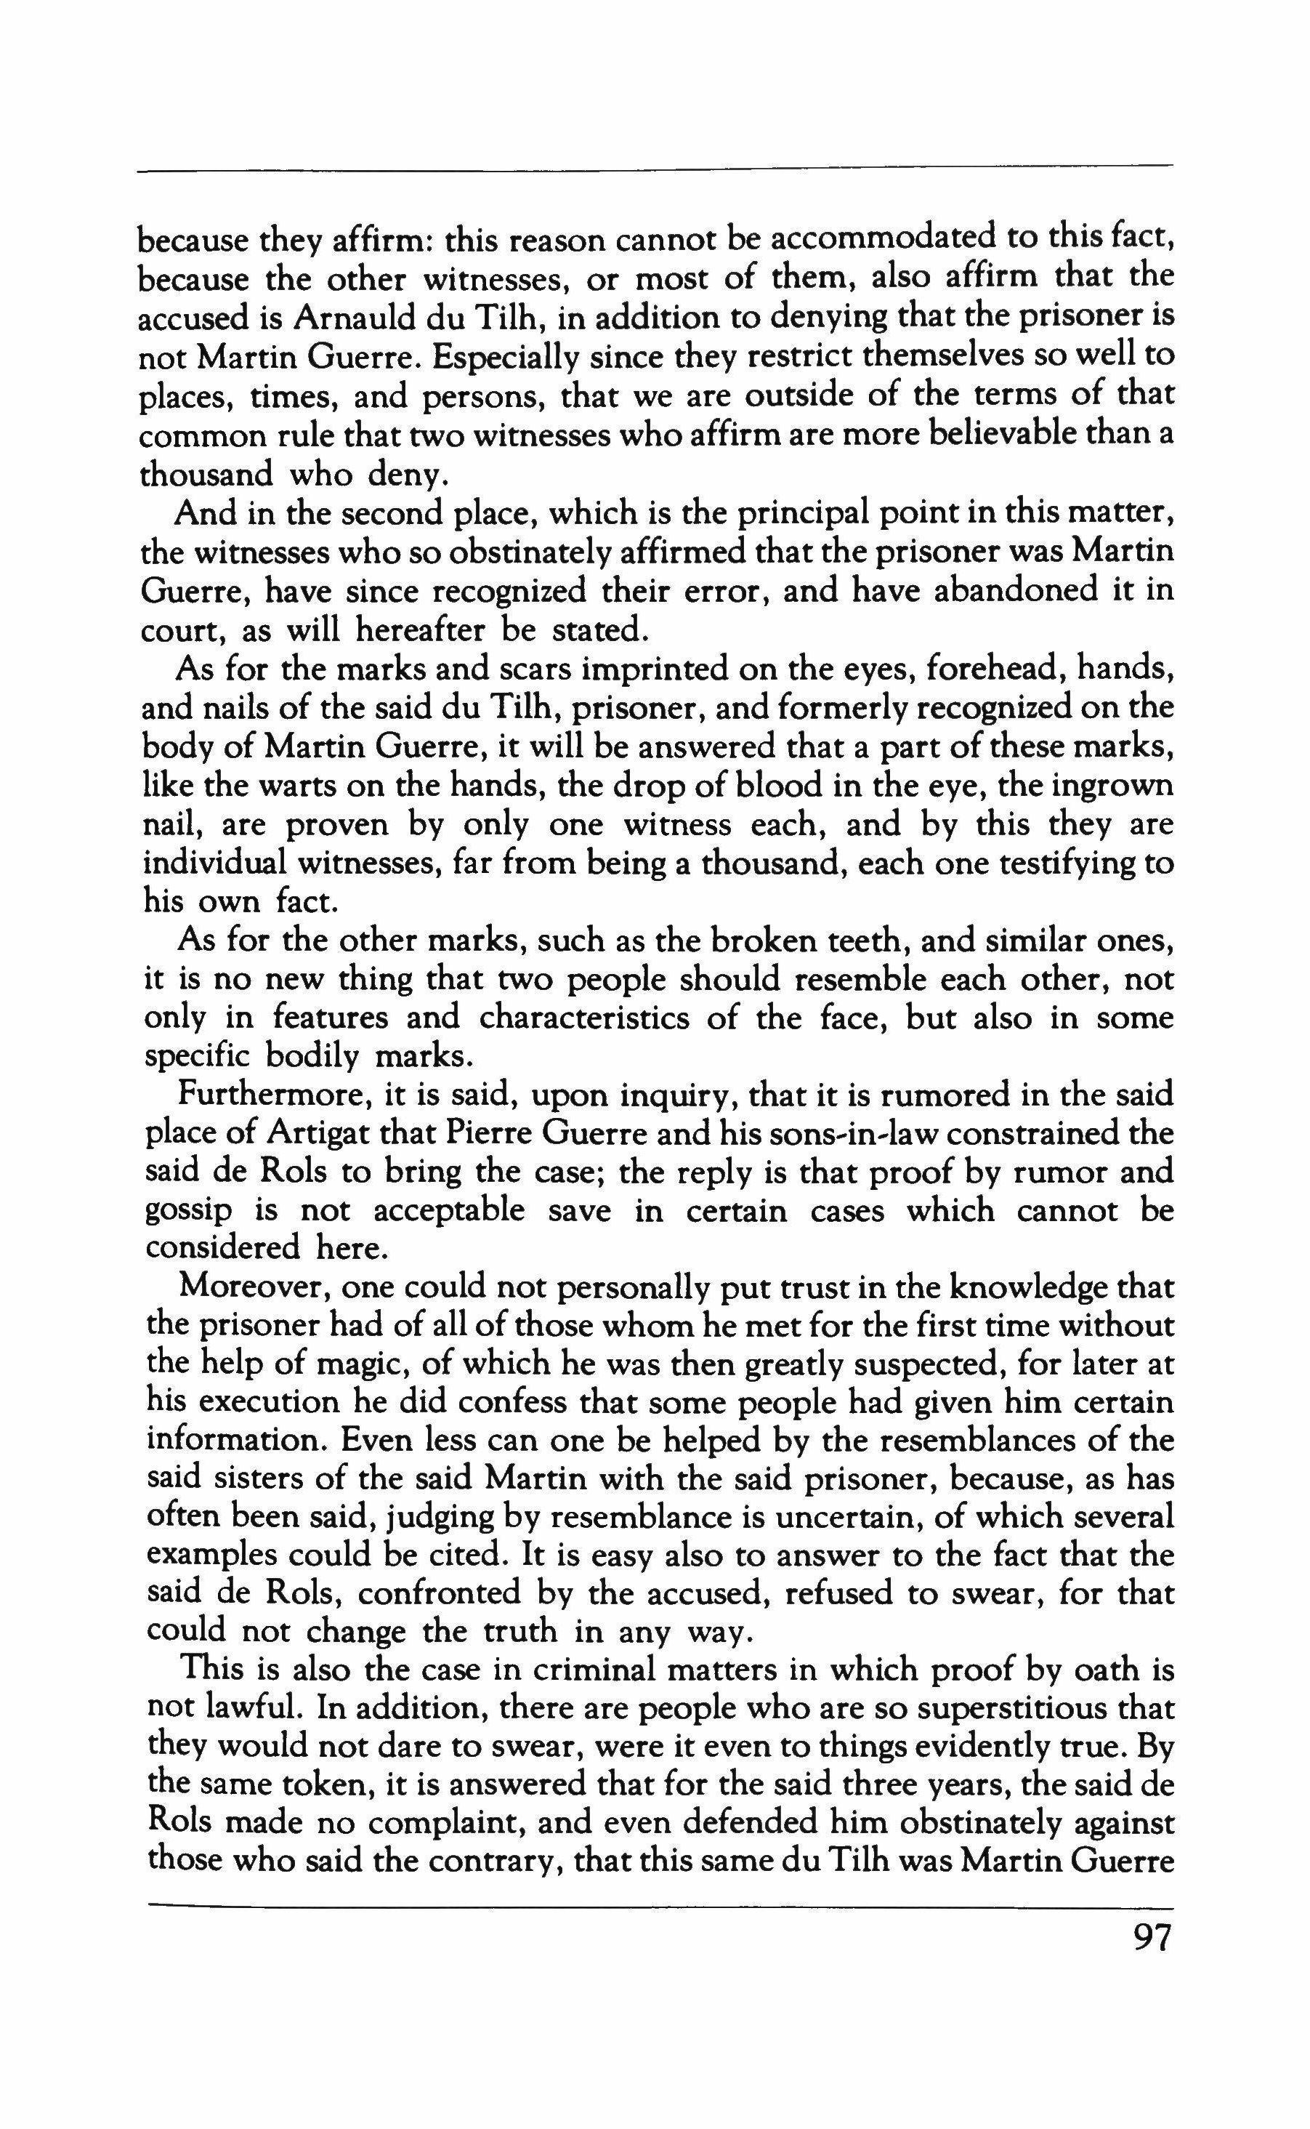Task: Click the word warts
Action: click(x=298, y=786)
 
